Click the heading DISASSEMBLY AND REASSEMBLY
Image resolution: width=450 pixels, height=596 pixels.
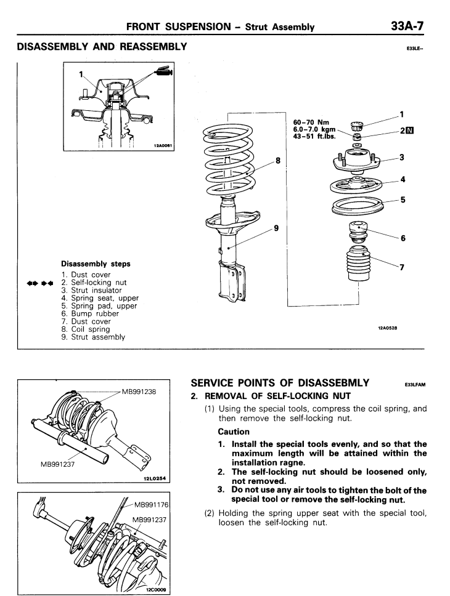click(x=96, y=47)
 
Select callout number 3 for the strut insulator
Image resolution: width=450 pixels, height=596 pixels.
click(x=403, y=158)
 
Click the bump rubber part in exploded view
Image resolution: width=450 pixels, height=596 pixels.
click(x=358, y=235)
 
